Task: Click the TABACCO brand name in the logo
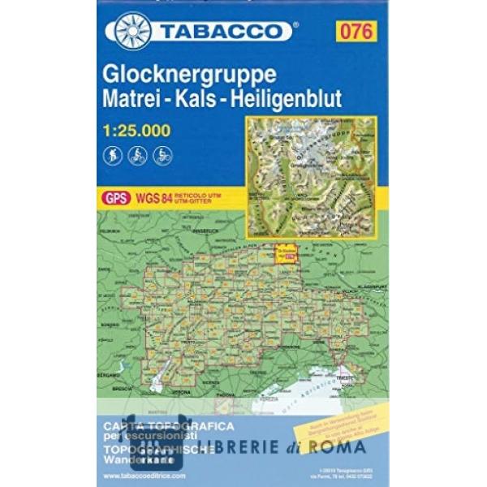pyautogui.click(x=222, y=32)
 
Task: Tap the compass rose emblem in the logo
pyautogui.click(x=132, y=31)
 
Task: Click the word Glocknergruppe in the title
pyautogui.click(x=190, y=74)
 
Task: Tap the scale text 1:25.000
pyautogui.click(x=137, y=129)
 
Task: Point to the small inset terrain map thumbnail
pyautogui.click(x=311, y=176)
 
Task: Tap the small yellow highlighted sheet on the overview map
pyautogui.click(x=286, y=253)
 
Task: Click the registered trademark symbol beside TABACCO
pyautogui.click(x=295, y=25)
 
